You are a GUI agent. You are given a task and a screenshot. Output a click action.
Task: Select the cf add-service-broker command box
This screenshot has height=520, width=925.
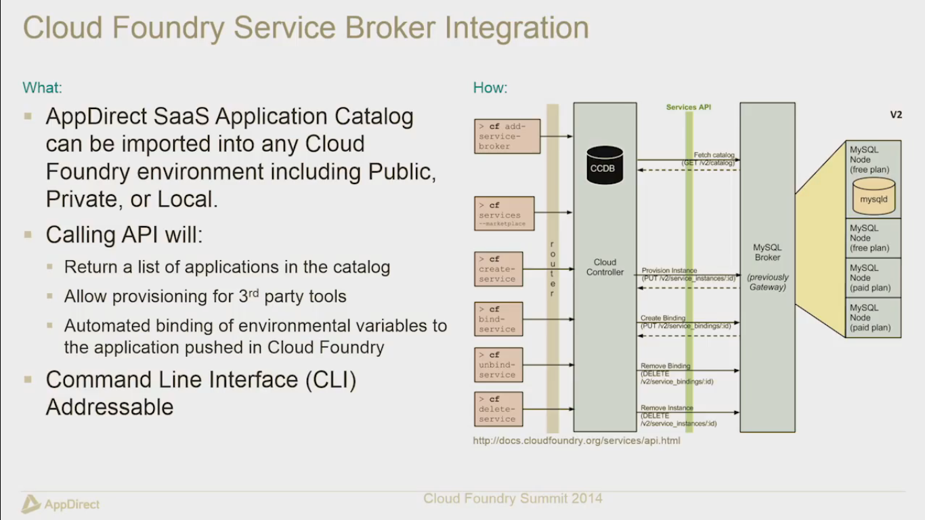pyautogui.click(x=507, y=135)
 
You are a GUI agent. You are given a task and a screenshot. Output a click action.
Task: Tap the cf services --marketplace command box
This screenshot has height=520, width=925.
pyautogui.click(x=504, y=213)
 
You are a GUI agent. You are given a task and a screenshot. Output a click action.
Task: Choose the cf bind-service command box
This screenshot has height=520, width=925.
pyautogui.click(x=498, y=319)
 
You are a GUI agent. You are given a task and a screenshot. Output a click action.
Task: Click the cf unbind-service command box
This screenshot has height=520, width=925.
pyautogui.click(x=498, y=364)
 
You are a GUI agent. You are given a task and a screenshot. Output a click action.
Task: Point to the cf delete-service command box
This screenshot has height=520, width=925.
pyautogui.click(x=498, y=409)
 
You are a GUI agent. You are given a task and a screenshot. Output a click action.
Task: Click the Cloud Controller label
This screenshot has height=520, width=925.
pyautogui.click(x=605, y=267)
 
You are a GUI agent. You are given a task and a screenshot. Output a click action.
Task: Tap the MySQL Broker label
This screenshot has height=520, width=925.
pyautogui.click(x=767, y=253)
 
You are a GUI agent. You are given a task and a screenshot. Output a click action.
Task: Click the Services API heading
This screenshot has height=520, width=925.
pyautogui.click(x=688, y=107)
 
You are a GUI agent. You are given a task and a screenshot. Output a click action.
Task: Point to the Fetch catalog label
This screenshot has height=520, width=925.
pyautogui.click(x=714, y=155)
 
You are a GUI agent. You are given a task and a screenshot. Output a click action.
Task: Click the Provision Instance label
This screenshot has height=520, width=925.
pyautogui.click(x=669, y=271)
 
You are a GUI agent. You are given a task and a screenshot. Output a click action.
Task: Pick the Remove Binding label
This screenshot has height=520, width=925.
pyautogui.click(x=666, y=366)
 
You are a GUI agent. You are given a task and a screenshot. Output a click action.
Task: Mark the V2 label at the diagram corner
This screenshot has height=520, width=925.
pyautogui.click(x=895, y=115)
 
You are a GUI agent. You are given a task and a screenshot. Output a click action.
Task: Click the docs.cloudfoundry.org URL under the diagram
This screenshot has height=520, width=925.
pyautogui.click(x=576, y=441)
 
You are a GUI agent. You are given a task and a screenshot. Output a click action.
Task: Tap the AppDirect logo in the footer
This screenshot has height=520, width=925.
pyautogui.click(x=61, y=504)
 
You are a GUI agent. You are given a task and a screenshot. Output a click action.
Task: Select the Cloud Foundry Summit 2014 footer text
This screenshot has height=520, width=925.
pyautogui.click(x=513, y=499)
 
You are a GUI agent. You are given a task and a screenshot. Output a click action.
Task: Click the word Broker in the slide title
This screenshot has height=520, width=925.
pyautogui.click(x=393, y=28)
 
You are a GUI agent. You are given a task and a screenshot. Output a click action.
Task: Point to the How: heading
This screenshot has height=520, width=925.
pyautogui.click(x=490, y=87)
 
